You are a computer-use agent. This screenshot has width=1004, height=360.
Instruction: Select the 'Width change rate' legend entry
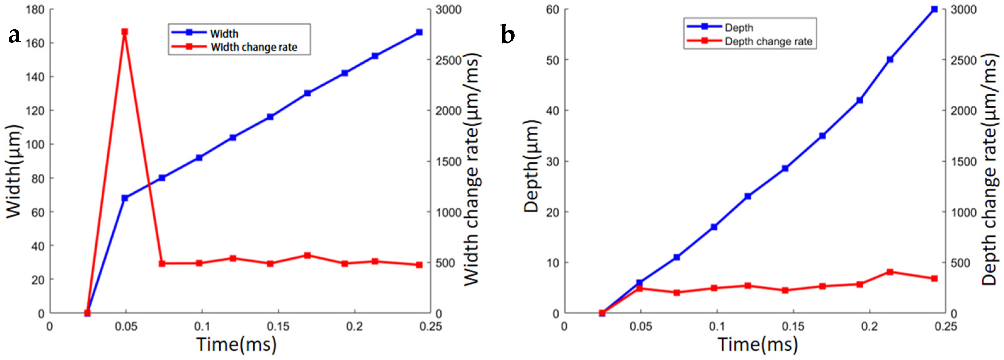(254, 47)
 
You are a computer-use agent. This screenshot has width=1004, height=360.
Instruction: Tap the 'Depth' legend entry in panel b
(739, 28)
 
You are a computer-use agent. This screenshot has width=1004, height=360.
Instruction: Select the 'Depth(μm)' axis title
(531, 166)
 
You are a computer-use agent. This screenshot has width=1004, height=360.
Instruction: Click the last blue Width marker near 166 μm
(419, 32)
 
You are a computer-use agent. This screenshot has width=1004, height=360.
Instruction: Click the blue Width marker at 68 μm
(125, 198)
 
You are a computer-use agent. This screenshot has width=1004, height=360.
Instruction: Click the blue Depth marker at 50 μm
(890, 59)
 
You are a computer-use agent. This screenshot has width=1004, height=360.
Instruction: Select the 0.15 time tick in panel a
(278, 327)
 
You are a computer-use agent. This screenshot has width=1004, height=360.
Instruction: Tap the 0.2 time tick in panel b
(870, 327)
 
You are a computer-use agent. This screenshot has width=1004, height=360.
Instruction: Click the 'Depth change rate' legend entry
(768, 42)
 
